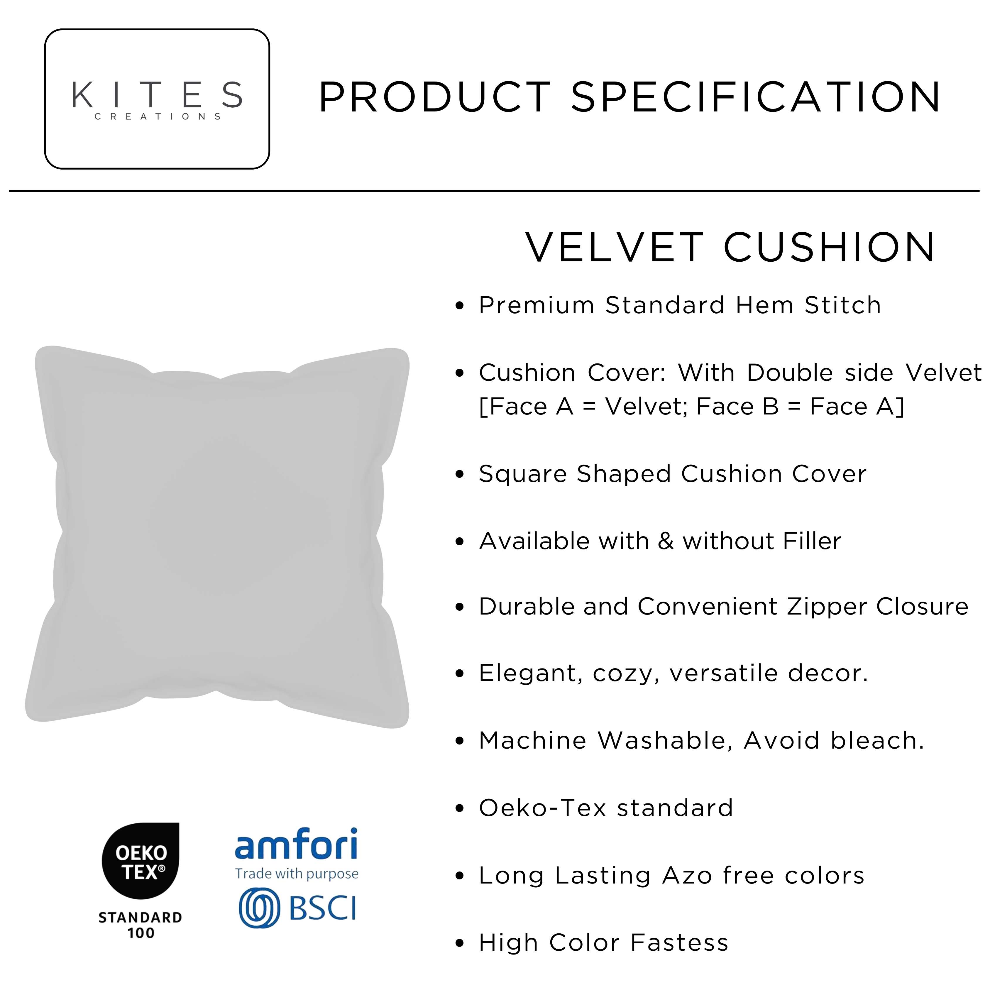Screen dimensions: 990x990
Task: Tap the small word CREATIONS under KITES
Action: [158, 116]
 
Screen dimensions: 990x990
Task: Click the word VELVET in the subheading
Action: [615, 248]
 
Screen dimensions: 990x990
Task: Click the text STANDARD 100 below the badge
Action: [141, 925]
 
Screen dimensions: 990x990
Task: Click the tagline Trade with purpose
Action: [297, 874]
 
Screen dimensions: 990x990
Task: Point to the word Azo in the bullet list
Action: [687, 875]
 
